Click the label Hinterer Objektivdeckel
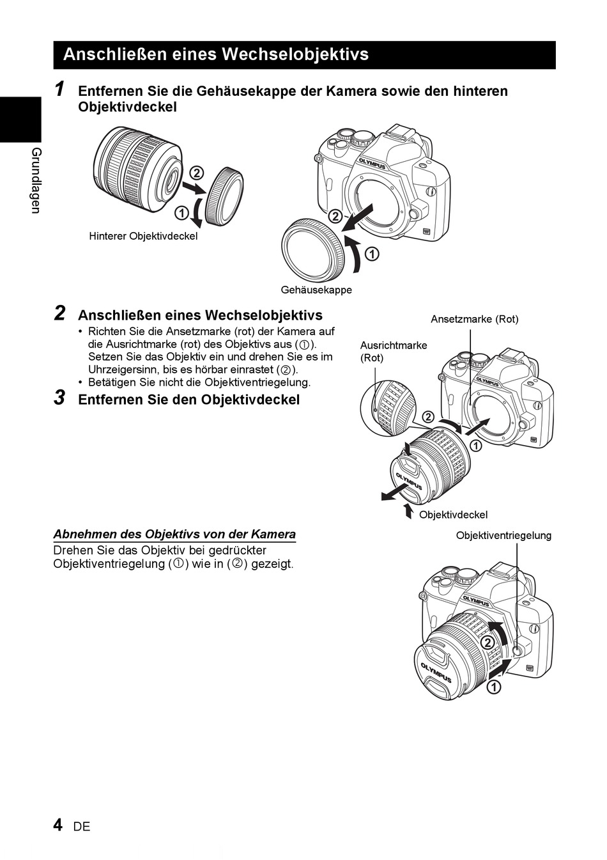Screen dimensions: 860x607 coord(143,237)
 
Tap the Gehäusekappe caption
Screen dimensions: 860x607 coord(316,290)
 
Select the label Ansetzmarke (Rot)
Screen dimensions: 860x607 coord(474,319)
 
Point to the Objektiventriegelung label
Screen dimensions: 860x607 coord(503,535)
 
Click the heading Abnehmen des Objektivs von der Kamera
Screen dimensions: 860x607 coord(174,535)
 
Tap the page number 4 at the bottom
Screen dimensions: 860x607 coord(58,825)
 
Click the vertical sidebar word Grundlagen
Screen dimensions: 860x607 coord(36,180)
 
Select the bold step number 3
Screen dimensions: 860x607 coord(59,398)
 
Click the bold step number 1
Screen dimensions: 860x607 coord(59,90)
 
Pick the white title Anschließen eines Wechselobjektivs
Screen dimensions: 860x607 coord(216,54)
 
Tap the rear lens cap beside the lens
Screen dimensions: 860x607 coord(224,196)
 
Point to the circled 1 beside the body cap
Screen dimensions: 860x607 coord(371,254)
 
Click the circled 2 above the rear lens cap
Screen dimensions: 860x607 coord(196,173)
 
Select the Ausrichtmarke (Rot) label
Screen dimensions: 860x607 coord(394,351)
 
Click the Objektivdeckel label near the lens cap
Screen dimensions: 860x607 coord(453,515)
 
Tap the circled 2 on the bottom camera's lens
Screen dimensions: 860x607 coord(487,642)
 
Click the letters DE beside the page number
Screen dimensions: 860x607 coord(82,827)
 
